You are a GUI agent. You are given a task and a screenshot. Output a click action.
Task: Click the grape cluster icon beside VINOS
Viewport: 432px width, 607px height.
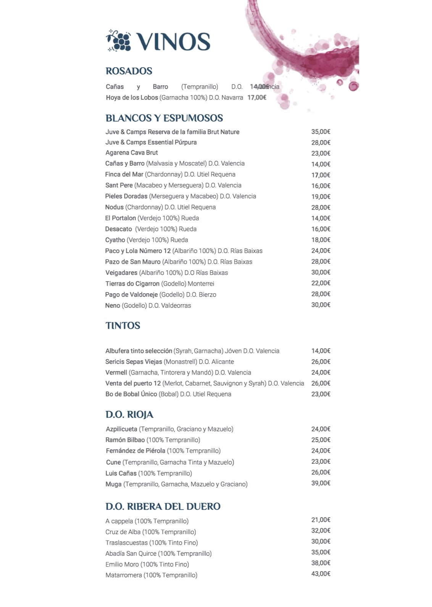(x=119, y=40)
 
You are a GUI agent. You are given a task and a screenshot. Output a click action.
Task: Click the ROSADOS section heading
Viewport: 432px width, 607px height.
(x=129, y=71)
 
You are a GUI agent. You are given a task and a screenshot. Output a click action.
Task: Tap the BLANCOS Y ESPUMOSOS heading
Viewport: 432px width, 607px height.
(x=164, y=118)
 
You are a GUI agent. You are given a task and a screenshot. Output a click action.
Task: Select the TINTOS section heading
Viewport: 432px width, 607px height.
(x=123, y=326)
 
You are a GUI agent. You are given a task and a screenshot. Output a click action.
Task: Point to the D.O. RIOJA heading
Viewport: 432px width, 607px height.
(x=129, y=415)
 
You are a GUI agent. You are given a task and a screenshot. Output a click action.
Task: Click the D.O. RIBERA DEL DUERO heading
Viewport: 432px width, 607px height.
(x=163, y=507)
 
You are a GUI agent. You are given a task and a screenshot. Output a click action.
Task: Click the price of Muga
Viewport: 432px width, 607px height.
(x=321, y=483)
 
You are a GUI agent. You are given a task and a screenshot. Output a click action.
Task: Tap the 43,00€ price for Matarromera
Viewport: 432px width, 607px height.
(x=321, y=574)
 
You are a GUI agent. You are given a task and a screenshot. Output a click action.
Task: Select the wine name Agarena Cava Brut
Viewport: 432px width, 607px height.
(x=132, y=153)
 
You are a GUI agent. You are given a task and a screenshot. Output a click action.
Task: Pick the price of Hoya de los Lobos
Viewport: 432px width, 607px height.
(x=257, y=97)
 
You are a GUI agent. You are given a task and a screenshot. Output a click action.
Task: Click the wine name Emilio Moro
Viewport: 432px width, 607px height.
(x=122, y=564)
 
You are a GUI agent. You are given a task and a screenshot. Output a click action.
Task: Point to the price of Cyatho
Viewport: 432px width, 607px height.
(x=321, y=240)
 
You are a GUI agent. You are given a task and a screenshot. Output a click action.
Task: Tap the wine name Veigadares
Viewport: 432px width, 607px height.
(x=121, y=273)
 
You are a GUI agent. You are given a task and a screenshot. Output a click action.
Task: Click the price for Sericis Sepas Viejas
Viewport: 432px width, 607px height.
(x=321, y=362)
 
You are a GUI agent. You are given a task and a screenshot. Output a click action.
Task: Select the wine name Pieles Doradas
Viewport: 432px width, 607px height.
(x=126, y=196)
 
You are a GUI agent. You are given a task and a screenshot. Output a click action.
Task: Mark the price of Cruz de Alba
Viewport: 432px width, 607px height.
(x=321, y=531)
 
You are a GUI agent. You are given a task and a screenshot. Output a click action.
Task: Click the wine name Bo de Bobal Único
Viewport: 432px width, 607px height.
(x=131, y=394)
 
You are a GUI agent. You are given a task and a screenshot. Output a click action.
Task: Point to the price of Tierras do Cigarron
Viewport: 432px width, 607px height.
(x=321, y=283)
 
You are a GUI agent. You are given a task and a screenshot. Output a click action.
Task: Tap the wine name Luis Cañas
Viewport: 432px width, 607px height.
(x=121, y=473)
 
